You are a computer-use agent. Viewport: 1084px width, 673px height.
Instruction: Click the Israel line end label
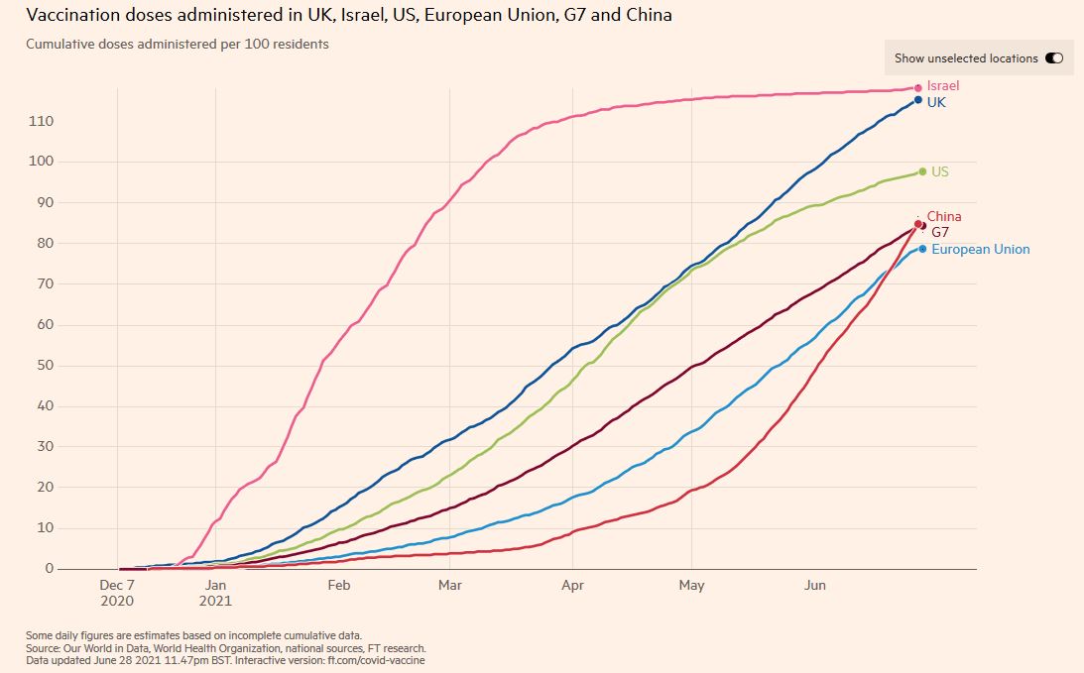[942, 86]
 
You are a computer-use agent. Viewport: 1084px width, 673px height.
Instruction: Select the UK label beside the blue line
[936, 102]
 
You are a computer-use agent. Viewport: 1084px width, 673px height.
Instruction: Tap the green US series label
[939, 171]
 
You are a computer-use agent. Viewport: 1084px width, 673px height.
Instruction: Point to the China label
[944, 216]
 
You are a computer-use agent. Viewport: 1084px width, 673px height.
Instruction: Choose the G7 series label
[940, 232]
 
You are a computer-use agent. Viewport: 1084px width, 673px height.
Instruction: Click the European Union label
[980, 250]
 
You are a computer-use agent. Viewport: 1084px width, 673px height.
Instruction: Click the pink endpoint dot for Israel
[918, 88]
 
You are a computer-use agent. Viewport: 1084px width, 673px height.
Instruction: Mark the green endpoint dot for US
[922, 171]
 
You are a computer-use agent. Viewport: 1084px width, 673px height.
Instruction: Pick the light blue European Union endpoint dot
[922, 249]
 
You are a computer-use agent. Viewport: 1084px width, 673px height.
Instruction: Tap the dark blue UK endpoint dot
[918, 100]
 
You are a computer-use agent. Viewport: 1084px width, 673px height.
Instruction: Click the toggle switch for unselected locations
[1053, 58]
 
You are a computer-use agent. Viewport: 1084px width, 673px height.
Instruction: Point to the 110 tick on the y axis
[41, 121]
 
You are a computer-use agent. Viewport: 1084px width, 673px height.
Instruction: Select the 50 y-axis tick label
[44, 366]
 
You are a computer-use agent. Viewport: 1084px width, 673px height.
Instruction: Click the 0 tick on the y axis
[47, 569]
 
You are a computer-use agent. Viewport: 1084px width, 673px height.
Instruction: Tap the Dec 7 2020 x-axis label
[118, 593]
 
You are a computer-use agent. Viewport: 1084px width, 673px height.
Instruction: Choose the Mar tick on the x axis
[450, 586]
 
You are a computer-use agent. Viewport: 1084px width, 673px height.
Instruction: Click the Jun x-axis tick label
[814, 586]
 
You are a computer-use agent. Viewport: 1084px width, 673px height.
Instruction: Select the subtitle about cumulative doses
[178, 45]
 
